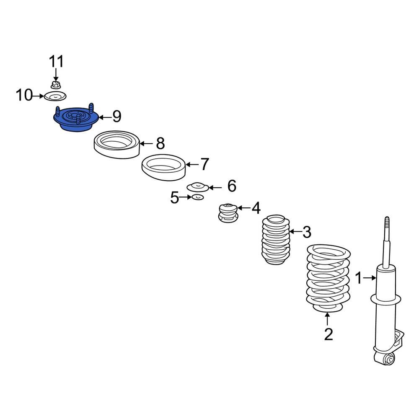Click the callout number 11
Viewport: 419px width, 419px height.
coord(57,62)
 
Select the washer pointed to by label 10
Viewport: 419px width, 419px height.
coord(55,96)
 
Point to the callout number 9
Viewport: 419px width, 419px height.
coord(117,116)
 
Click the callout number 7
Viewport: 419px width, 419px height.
coord(205,164)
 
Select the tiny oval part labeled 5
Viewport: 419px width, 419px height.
coord(198,197)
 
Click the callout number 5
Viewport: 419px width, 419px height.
coord(174,198)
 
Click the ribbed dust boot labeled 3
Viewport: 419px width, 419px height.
coord(276,239)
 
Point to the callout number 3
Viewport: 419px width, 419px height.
coord(307,232)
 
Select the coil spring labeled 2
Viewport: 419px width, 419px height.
coord(328,279)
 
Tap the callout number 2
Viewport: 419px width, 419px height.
coord(328,334)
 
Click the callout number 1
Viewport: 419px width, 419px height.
coord(359,278)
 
